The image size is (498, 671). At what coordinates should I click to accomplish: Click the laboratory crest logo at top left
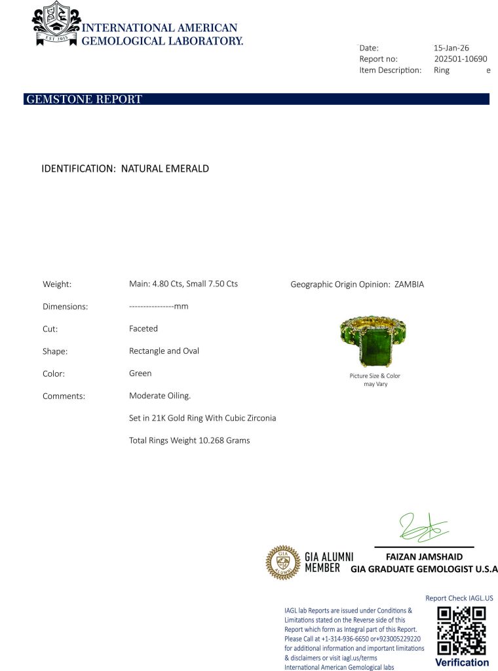(x=56, y=25)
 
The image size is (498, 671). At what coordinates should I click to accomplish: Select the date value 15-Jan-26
(x=451, y=48)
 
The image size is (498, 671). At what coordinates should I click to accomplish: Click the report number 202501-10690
(x=460, y=59)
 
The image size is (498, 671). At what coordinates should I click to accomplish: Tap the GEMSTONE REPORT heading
(x=83, y=100)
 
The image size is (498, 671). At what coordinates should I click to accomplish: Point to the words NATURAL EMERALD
(x=165, y=168)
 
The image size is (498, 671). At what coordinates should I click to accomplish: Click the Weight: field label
(x=57, y=284)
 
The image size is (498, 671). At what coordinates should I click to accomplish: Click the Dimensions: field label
(x=65, y=307)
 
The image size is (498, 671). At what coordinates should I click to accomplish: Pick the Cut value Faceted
(x=144, y=328)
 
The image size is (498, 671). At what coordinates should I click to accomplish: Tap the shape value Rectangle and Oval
(x=164, y=351)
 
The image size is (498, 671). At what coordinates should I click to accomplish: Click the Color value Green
(x=140, y=374)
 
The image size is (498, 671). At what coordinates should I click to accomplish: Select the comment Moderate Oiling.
(x=160, y=396)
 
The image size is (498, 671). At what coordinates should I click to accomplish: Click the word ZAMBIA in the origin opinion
(x=409, y=284)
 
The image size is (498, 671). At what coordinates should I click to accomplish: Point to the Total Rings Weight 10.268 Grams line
(x=189, y=440)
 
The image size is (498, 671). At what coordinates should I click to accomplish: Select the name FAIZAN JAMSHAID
(x=424, y=557)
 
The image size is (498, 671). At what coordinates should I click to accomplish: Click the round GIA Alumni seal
(x=282, y=563)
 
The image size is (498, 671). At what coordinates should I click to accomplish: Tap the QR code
(x=461, y=630)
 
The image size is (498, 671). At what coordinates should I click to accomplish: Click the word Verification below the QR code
(x=461, y=662)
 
